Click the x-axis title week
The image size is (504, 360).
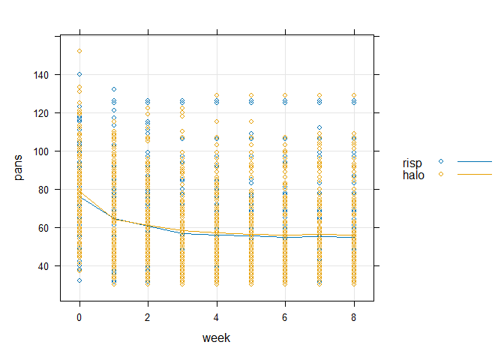point(216,338)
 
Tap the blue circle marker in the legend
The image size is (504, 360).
point(442,162)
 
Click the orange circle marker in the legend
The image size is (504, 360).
point(442,173)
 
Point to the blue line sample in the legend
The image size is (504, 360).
point(475,162)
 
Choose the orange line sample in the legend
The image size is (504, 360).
point(475,173)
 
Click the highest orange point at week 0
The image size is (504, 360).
point(79,51)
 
